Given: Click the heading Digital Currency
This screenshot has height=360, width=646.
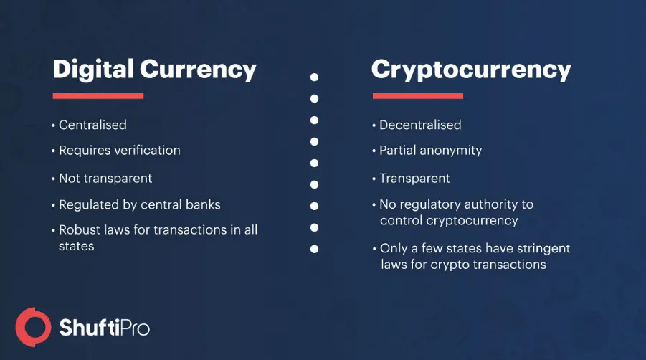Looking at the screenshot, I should pos(154,70).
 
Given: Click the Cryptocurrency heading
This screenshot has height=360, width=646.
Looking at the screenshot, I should pos(471,70).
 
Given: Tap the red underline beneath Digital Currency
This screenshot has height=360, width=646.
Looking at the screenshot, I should pos(98,95).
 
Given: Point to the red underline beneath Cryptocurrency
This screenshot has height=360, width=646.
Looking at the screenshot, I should pos(418,95).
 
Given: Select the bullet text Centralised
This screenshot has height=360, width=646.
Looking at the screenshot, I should pos(92,125).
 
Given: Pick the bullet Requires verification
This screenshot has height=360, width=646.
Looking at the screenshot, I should pos(119,151).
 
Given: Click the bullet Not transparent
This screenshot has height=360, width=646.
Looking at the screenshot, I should pos(105,178).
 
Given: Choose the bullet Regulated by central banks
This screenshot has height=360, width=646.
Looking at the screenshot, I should pos(139,204).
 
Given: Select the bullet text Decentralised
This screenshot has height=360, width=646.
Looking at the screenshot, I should pos(420,125).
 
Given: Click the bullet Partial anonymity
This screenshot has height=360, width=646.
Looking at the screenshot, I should pos(430,151).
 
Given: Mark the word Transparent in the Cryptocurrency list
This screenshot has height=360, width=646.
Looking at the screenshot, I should pos(414,178).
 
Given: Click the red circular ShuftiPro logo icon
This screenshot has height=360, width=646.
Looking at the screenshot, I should pos(32,327).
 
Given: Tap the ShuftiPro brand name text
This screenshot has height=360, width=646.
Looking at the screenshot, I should pos(103,328).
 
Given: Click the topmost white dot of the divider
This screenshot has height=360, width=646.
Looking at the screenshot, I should pos(314,77).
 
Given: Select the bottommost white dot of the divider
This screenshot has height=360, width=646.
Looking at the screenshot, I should pos(314,250).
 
